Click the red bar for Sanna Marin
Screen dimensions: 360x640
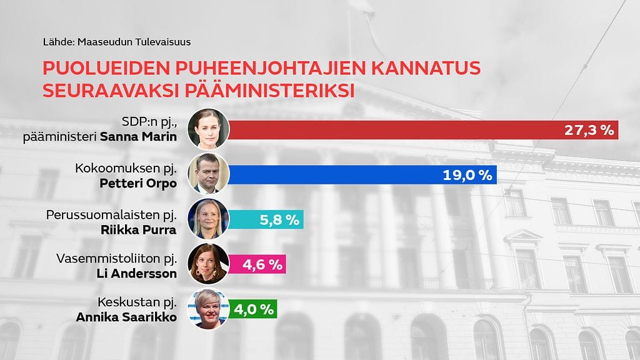(x=387, y=130)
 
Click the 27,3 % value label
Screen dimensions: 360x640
(x=590, y=131)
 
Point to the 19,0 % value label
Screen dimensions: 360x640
(x=467, y=175)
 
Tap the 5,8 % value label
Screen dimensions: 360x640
(x=279, y=219)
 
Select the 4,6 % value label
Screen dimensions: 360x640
(x=263, y=264)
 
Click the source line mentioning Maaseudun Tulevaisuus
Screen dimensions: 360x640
(x=117, y=42)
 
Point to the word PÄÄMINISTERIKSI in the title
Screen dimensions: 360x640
(x=263, y=89)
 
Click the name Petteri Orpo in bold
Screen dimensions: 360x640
(x=137, y=184)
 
